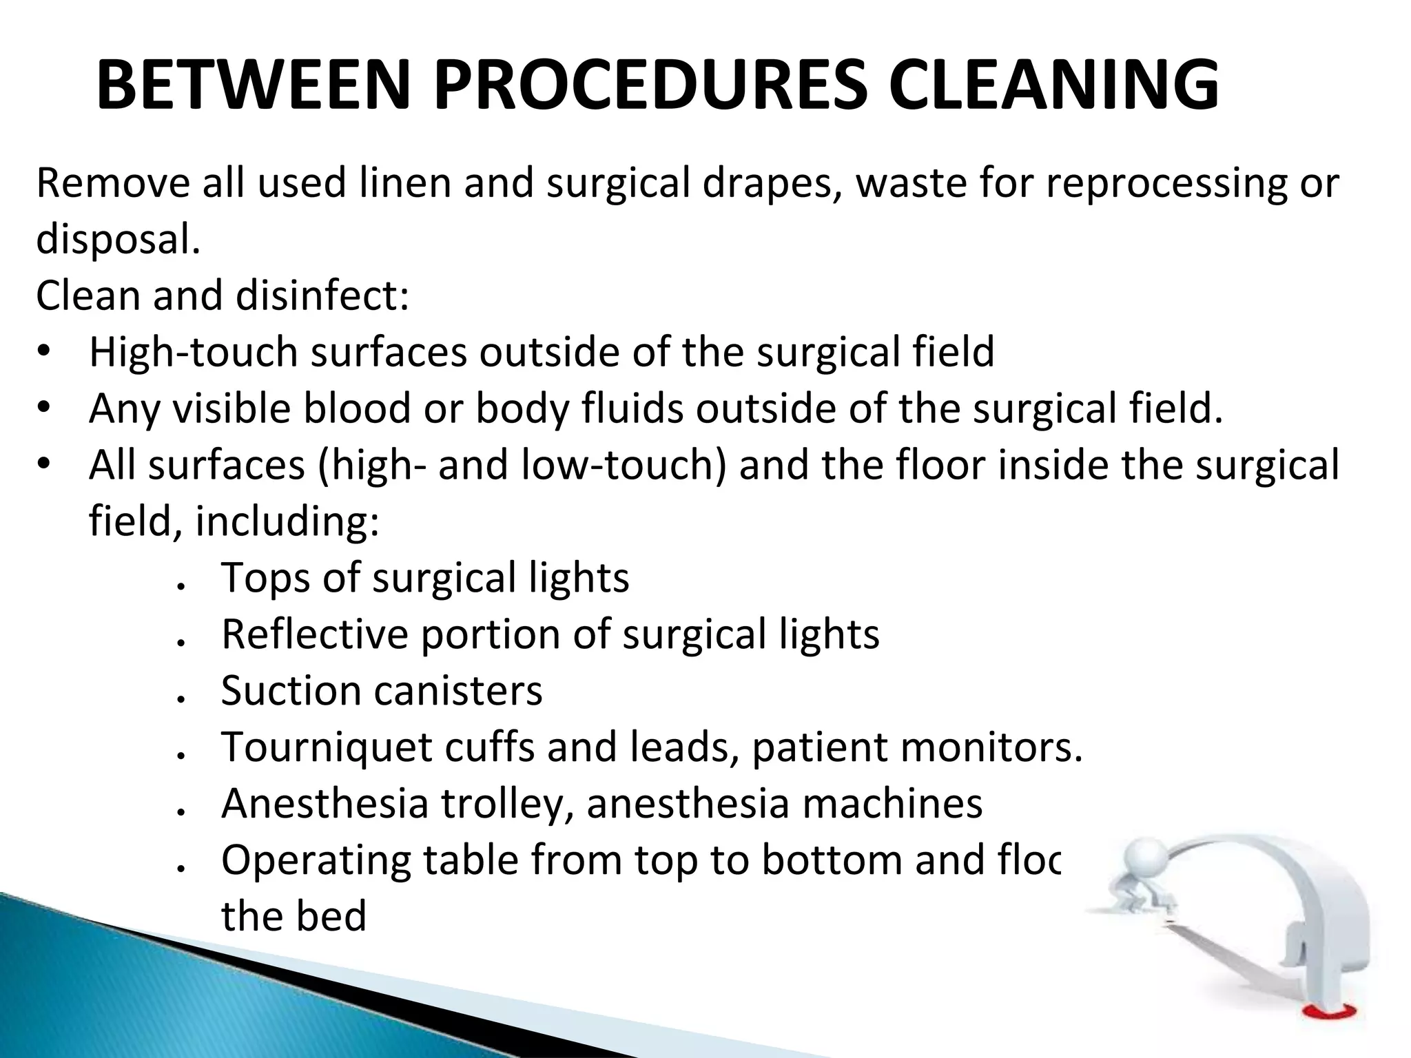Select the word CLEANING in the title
(x=1053, y=85)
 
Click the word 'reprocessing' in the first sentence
(x=1164, y=184)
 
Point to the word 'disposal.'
(x=118, y=240)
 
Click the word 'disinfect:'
(x=322, y=295)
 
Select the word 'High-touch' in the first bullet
(x=193, y=352)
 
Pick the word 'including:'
(x=287, y=521)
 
